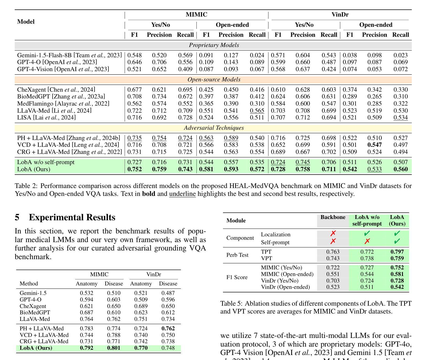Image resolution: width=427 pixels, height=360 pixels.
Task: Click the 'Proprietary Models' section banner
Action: (x=214, y=45)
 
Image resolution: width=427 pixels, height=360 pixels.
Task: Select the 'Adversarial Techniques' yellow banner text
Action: (x=214, y=128)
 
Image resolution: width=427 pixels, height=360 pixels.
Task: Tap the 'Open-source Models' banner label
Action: (x=214, y=80)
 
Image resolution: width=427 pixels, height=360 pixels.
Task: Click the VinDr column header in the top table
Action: (x=340, y=15)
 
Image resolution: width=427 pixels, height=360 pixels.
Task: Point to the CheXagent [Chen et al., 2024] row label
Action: (x=56, y=90)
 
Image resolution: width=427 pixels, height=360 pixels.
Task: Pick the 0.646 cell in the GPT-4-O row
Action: (x=134, y=62)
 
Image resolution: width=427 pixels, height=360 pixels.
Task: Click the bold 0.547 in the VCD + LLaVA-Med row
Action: (x=374, y=145)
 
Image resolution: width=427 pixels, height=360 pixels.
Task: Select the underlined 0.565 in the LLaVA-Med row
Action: (x=257, y=111)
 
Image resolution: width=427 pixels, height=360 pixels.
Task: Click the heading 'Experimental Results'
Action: (x=72, y=217)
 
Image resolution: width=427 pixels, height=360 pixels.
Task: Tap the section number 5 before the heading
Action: (x=17, y=217)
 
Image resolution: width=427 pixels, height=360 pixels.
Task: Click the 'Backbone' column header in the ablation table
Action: (x=333, y=217)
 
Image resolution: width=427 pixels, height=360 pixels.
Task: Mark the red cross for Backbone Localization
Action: (x=333, y=233)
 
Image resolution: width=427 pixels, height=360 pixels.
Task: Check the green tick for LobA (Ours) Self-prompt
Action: (x=397, y=241)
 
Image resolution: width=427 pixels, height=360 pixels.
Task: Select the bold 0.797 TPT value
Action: (x=397, y=252)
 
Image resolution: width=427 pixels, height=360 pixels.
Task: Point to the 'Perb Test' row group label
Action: (x=237, y=255)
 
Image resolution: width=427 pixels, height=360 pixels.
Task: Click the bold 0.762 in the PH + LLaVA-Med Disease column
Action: (x=168, y=328)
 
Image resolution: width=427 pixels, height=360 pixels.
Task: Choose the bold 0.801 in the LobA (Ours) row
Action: (x=114, y=348)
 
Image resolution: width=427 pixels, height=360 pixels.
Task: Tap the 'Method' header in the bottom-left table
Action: (x=29, y=284)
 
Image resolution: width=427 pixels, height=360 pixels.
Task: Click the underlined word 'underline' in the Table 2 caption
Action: (x=183, y=194)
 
